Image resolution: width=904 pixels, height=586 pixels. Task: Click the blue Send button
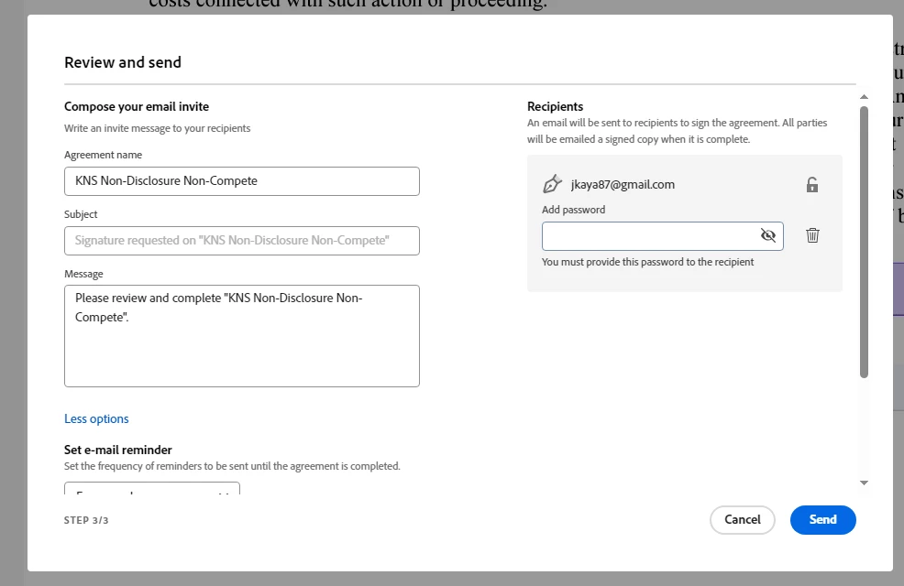(822, 520)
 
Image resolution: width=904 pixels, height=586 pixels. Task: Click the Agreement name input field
(241, 181)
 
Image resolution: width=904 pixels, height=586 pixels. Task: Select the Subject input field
(241, 241)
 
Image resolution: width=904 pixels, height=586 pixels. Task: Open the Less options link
(96, 419)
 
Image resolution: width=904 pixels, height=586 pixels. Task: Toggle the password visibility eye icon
(768, 236)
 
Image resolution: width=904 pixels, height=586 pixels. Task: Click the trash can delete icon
(812, 235)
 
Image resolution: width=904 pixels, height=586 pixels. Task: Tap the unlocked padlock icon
(812, 185)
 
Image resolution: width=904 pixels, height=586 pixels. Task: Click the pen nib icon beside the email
(552, 184)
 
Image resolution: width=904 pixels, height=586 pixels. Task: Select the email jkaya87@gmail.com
(623, 185)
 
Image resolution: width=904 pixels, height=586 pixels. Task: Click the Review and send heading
(123, 62)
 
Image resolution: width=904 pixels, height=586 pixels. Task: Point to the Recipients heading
(555, 106)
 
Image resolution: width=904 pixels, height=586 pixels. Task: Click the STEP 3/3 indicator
(86, 520)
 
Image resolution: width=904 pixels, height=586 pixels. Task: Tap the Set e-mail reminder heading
(118, 450)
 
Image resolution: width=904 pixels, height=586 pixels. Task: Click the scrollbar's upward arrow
(864, 96)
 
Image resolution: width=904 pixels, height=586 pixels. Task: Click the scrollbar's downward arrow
(864, 483)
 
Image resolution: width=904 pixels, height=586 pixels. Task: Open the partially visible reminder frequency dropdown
(152, 489)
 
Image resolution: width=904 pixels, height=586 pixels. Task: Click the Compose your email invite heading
(137, 106)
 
